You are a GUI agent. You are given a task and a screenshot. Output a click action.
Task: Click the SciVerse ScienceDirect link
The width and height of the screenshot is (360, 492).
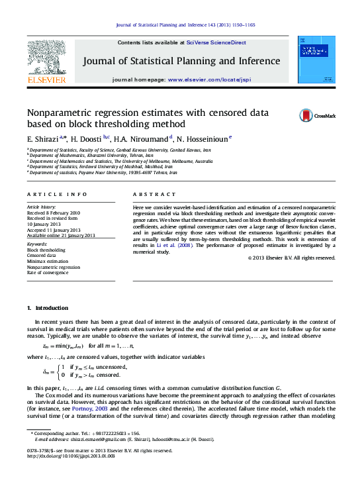tap(216, 42)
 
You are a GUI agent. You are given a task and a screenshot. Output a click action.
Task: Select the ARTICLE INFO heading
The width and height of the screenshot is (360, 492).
tap(56, 194)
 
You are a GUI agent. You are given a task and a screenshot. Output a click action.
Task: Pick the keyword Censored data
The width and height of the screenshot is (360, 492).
tap(42, 256)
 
